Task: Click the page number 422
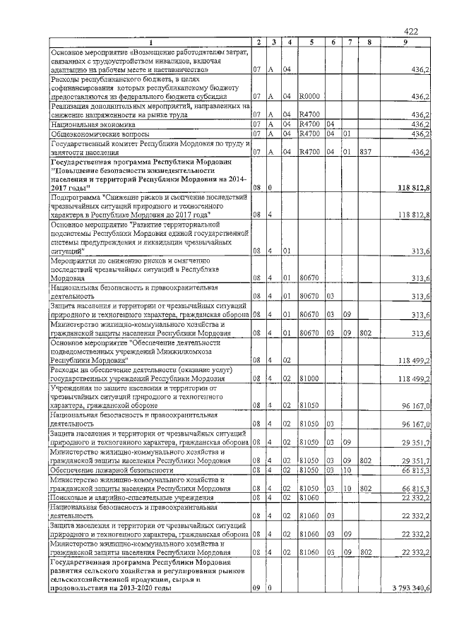tap(411, 31)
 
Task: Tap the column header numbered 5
tap(311, 43)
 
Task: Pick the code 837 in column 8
tap(364, 151)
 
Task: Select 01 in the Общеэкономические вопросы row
tap(347, 133)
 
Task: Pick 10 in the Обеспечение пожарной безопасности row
tap(347, 470)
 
